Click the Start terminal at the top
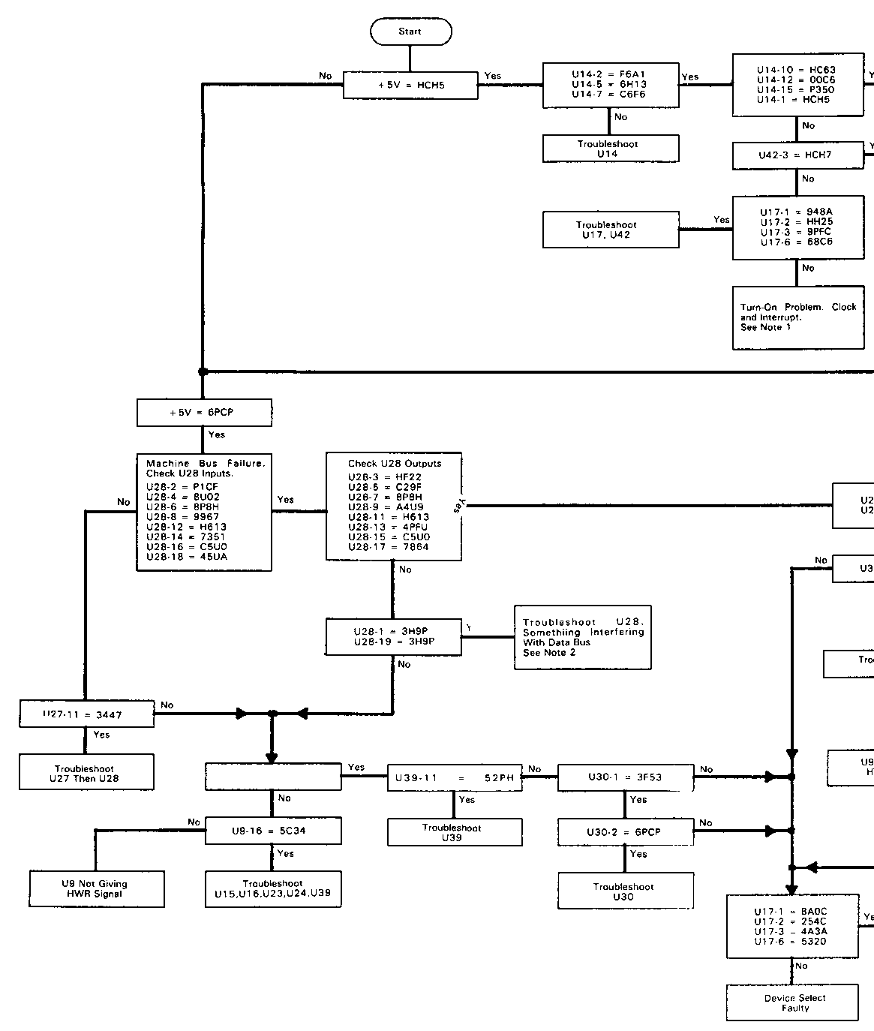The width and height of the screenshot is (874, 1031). [410, 32]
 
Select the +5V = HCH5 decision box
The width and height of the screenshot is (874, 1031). [410, 86]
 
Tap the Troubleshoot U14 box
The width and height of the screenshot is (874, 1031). [610, 149]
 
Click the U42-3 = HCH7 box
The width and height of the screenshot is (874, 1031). [797, 155]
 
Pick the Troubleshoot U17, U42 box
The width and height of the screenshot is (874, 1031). [610, 230]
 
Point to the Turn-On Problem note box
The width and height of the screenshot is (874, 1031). [797, 317]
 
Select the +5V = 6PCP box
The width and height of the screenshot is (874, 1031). [204, 413]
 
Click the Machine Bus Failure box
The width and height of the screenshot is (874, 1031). [204, 512]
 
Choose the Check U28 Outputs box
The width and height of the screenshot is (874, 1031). [393, 506]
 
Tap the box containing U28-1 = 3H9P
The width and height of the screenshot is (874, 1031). [393, 636]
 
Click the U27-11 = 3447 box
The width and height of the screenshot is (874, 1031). [86, 714]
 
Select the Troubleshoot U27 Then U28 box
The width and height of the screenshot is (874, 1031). [86, 774]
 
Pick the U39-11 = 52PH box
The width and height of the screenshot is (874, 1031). [454, 778]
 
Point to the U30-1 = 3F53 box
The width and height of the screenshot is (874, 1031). [625, 778]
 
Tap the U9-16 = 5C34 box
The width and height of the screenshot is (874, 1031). [273, 831]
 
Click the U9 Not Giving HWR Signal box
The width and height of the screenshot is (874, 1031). [96, 888]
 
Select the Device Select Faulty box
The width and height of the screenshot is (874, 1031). [792, 1002]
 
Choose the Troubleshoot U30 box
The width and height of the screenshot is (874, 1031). [625, 891]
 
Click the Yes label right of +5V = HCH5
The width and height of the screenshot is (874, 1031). [493, 76]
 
